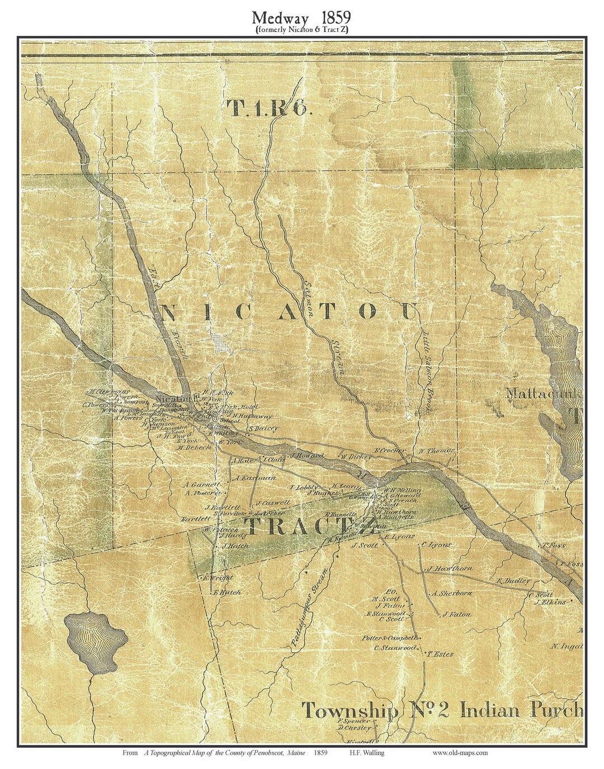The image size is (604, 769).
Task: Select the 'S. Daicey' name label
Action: (x=263, y=428)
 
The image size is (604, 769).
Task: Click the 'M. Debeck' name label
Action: (x=194, y=448)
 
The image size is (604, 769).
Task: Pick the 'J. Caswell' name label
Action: (x=272, y=502)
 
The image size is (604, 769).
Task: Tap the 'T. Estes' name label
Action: (x=441, y=654)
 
